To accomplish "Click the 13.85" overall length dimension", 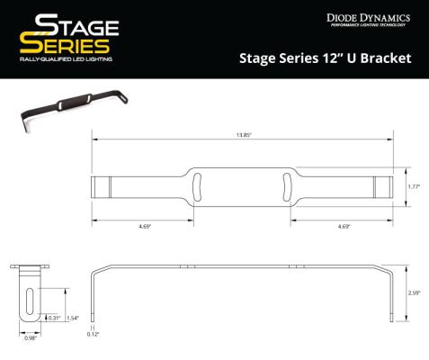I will coord(243,134).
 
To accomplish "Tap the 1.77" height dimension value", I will coord(415,186).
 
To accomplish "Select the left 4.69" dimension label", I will coord(145,227).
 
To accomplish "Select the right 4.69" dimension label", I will coord(344,227).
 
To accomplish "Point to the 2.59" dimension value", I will coord(415,292).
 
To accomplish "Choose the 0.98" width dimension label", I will coord(31,337).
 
